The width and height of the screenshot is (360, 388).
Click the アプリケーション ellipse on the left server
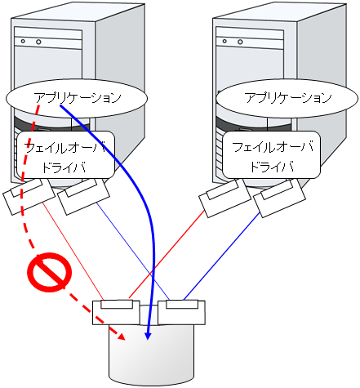[x=78, y=98]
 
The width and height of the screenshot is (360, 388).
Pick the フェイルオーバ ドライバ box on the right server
[x=274, y=156]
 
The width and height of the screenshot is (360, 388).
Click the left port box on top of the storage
[x=115, y=311]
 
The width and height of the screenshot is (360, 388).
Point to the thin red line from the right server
[x=167, y=252]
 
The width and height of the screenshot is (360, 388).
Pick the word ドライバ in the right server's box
[x=274, y=167]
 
